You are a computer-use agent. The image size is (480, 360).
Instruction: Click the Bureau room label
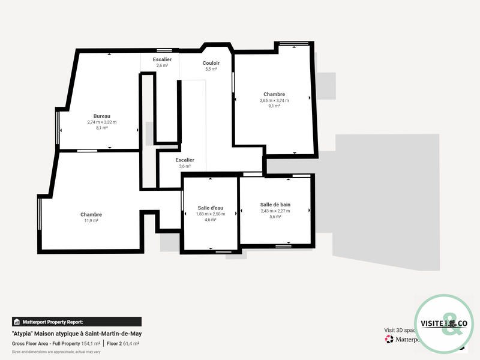102,116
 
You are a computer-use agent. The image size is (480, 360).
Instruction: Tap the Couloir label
211,63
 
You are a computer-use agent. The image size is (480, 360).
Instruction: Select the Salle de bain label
275,205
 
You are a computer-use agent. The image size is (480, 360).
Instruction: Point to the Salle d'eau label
211,208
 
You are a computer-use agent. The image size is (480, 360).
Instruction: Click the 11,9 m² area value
91,221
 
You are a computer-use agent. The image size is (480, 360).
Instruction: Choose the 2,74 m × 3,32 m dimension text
102,122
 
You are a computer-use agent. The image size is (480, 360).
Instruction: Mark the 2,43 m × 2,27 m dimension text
275,211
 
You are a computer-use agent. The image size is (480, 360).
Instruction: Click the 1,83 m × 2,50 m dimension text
211,214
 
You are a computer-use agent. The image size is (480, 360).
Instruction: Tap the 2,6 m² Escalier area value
162,65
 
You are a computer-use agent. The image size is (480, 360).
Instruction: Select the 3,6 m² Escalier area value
185,166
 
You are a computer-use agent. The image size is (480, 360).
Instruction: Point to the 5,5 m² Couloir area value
211,69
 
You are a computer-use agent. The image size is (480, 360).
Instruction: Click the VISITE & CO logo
445,324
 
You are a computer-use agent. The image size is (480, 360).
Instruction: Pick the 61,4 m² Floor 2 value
131,344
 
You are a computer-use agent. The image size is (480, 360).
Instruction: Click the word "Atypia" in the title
23,334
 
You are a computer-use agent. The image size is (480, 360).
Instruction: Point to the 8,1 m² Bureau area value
102,128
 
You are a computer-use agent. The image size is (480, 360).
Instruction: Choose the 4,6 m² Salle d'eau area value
211,220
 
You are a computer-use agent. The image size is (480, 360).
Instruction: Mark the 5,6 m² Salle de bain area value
275,217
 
